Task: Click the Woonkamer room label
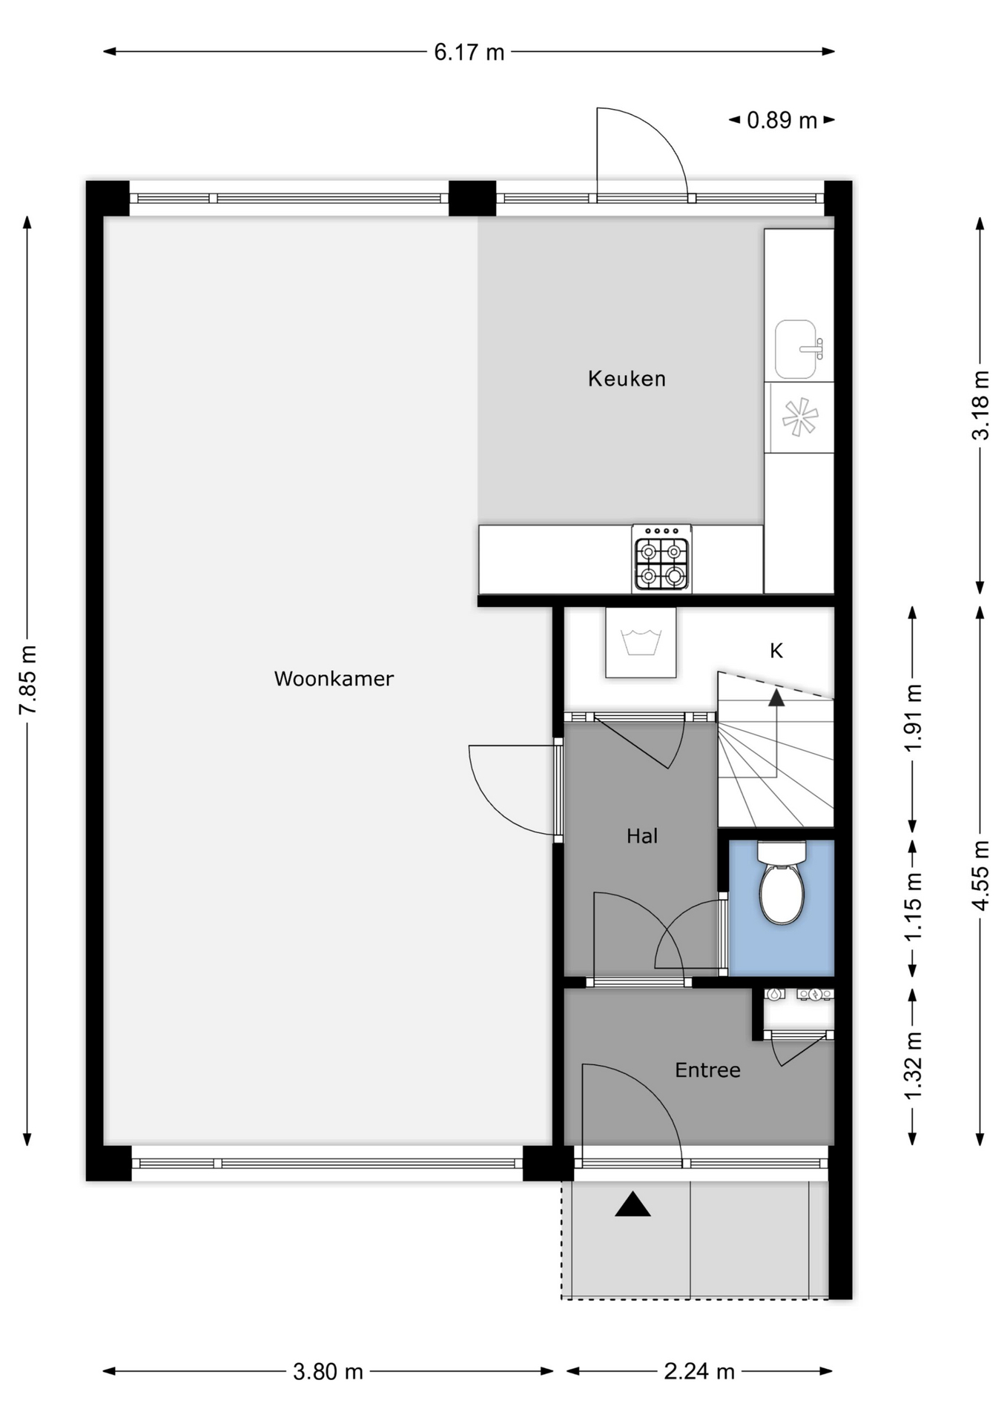334,678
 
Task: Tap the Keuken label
627,379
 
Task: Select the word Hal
642,836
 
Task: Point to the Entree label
707,1069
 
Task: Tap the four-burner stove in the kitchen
661,559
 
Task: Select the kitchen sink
799,349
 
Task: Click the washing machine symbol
641,643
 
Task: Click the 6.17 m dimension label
469,52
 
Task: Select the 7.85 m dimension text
27,680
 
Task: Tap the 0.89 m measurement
782,120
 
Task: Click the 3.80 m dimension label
328,1371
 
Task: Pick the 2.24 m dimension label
699,1371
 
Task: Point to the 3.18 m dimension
980,405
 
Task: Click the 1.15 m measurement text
913,907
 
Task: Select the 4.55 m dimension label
980,875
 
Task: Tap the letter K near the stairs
776,651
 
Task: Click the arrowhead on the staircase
776,697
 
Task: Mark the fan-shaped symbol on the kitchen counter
799,417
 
